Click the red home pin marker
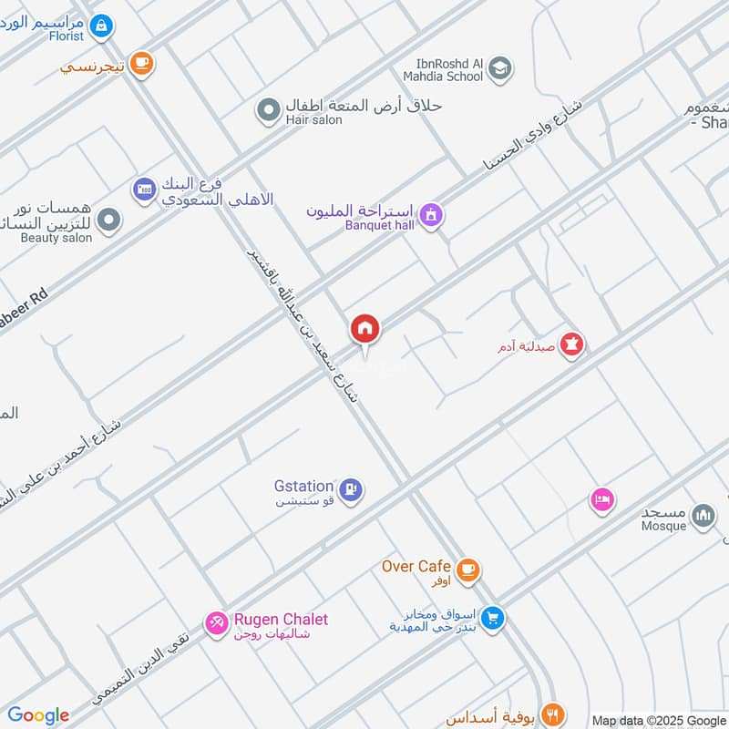pos(365,329)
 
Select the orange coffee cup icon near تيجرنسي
pos(141,63)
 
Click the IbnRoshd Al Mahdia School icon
pos(499,67)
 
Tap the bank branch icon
pos(145,190)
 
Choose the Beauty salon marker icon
pos(108,221)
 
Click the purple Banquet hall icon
pos(432,215)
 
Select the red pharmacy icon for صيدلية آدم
pos(572,345)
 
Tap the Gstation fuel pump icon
pos(352,490)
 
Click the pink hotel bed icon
pos(601,499)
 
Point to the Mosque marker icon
pos(703,517)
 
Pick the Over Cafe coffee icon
pos(467,570)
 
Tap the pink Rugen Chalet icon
pos(217,623)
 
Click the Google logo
pos(38,715)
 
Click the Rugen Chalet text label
pos(281,620)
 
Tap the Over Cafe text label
pos(417,566)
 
